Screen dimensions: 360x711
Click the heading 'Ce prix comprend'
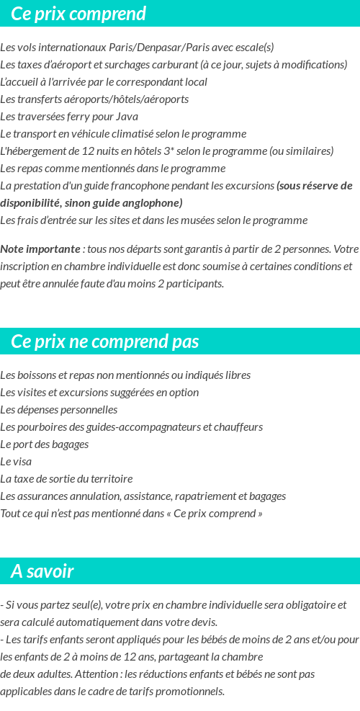coord(78,14)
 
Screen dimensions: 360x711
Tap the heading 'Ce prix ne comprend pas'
coord(105,341)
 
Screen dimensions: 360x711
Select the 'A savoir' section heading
coord(42,572)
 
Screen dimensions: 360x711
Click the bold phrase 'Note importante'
coord(40,249)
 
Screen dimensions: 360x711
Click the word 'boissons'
coord(32,375)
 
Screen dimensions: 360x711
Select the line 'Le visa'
coord(16,462)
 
